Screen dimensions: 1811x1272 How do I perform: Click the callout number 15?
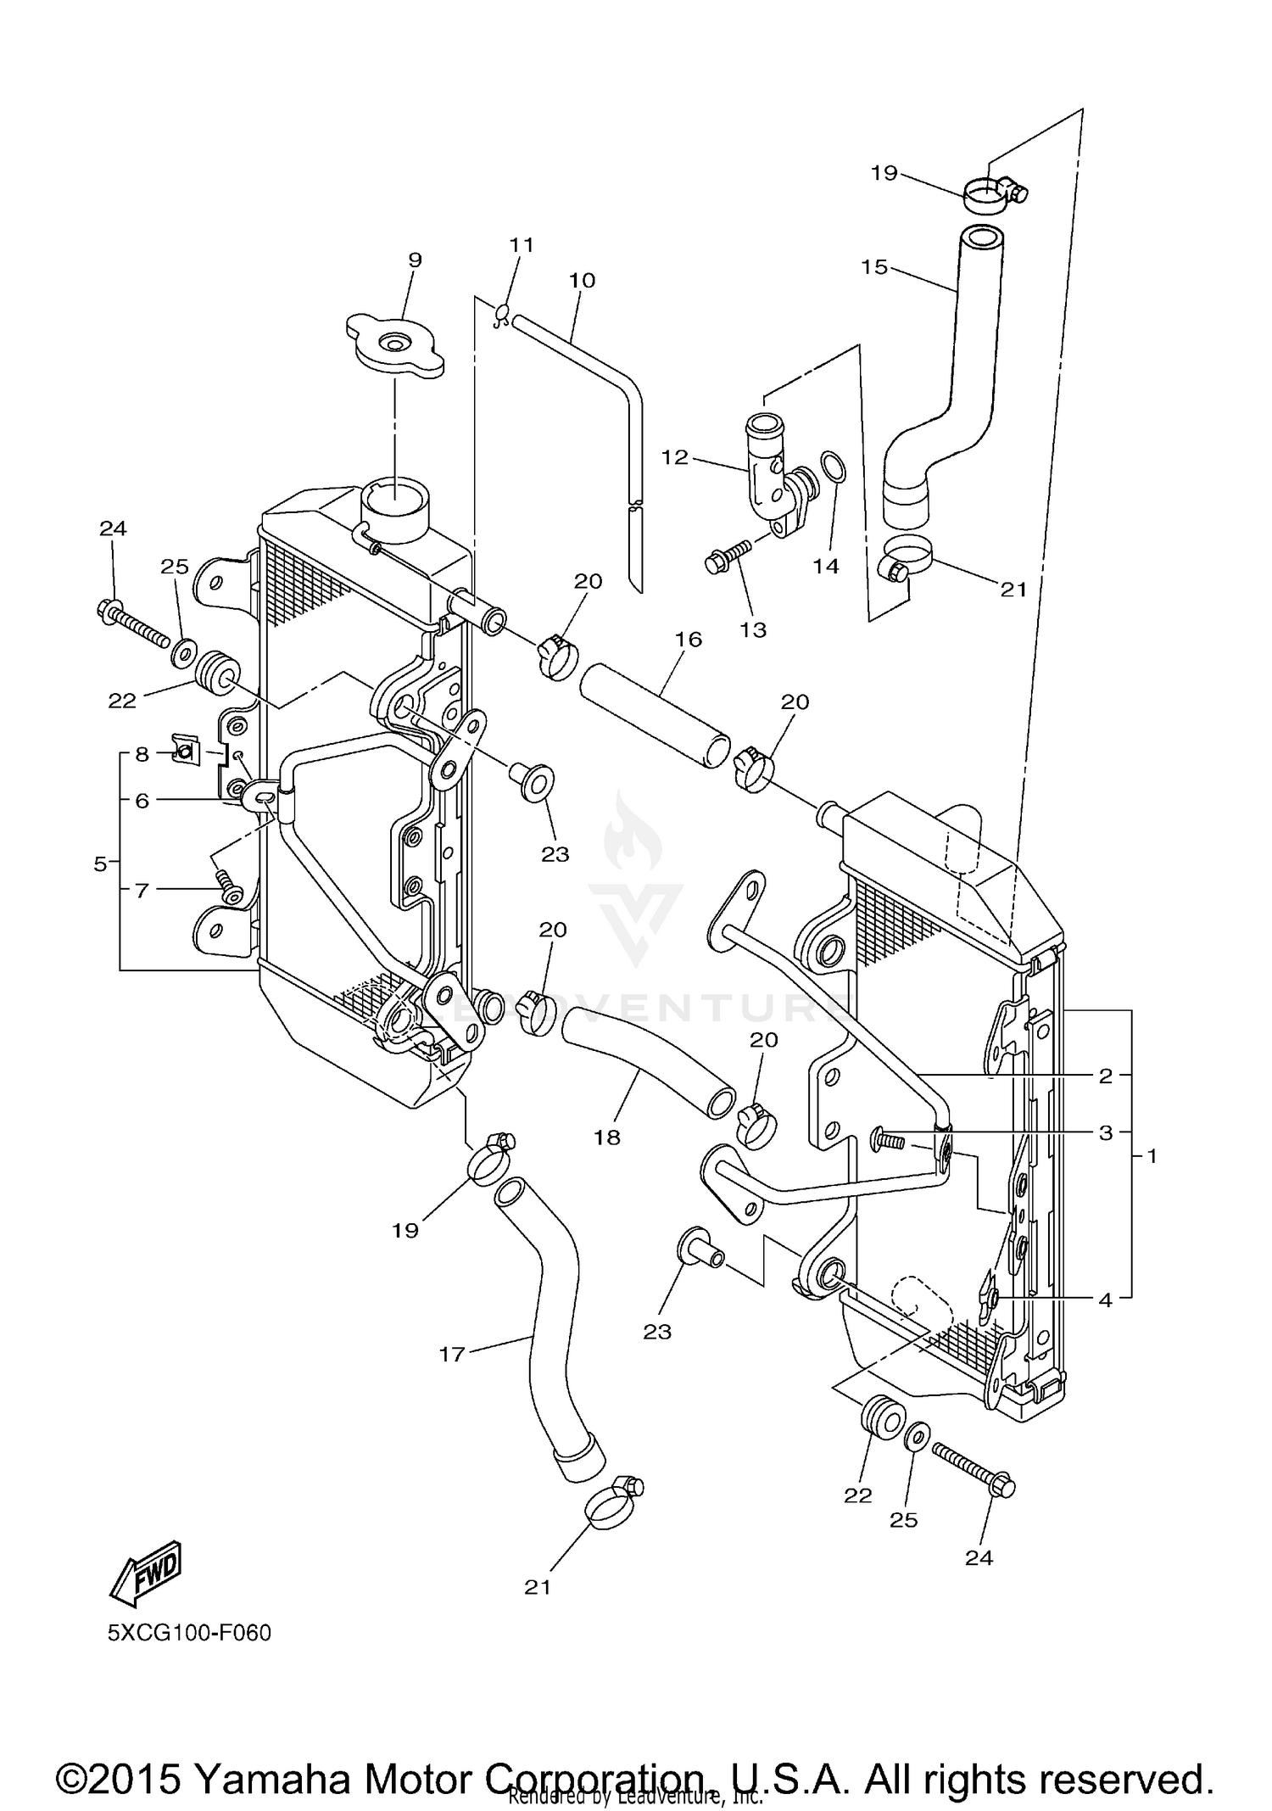coord(873,267)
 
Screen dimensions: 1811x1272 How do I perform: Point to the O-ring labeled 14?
coord(833,467)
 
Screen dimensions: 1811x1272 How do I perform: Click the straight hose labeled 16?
coord(654,705)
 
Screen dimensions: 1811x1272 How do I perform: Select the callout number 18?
coord(607,1137)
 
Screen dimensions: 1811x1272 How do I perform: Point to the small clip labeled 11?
coord(502,316)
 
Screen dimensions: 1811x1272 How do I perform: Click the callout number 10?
coord(583,280)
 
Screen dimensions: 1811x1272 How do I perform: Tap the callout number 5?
coord(100,864)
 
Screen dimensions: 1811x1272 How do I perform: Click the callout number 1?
coord(1152,1155)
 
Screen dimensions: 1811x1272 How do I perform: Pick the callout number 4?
coord(1105,1300)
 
